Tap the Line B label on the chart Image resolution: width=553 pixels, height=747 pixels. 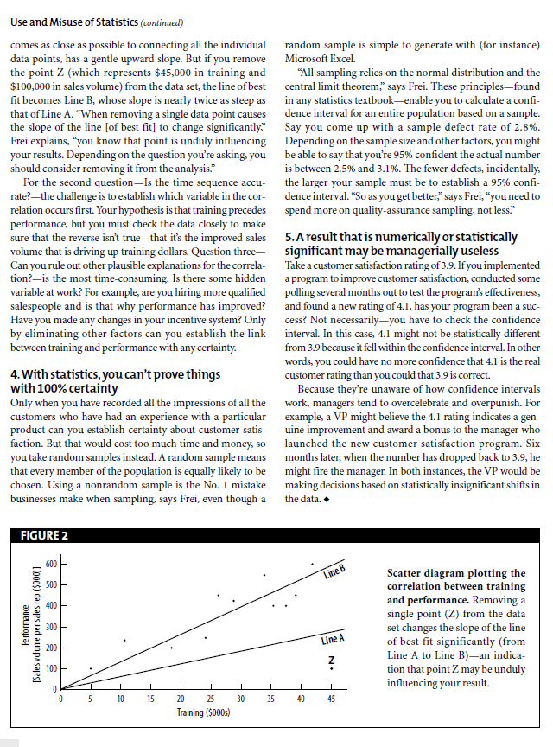[334, 572]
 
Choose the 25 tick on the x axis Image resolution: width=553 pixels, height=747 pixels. [211, 698]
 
